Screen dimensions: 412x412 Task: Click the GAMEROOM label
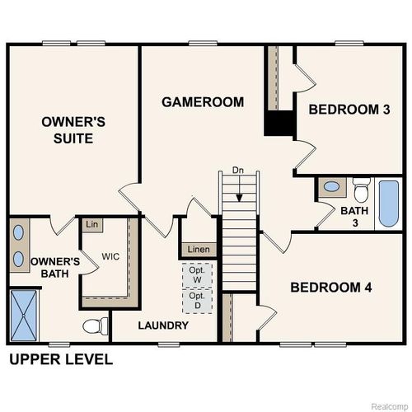pyautogui.click(x=203, y=102)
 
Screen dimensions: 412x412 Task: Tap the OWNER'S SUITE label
pyautogui.click(x=73, y=130)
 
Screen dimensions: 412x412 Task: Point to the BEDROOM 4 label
pyautogui.click(x=331, y=288)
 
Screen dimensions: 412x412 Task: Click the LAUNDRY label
pyautogui.click(x=163, y=325)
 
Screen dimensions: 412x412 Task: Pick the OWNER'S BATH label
pyautogui.click(x=54, y=268)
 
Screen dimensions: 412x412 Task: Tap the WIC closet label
pyautogui.click(x=111, y=256)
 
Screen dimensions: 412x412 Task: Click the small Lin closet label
pyautogui.click(x=91, y=224)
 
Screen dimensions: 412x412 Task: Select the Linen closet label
pyautogui.click(x=198, y=250)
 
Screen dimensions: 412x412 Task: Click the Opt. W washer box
pyautogui.click(x=197, y=274)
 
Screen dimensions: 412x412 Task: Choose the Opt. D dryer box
pyautogui.click(x=197, y=300)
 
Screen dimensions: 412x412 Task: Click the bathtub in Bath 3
pyautogui.click(x=387, y=204)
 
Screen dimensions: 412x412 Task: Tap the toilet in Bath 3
pyautogui.click(x=360, y=192)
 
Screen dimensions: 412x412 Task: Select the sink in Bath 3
pyautogui.click(x=330, y=186)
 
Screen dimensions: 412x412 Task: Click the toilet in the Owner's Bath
pyautogui.click(x=96, y=326)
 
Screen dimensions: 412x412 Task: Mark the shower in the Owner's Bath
pyautogui.click(x=25, y=316)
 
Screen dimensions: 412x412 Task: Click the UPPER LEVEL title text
pyautogui.click(x=60, y=360)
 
